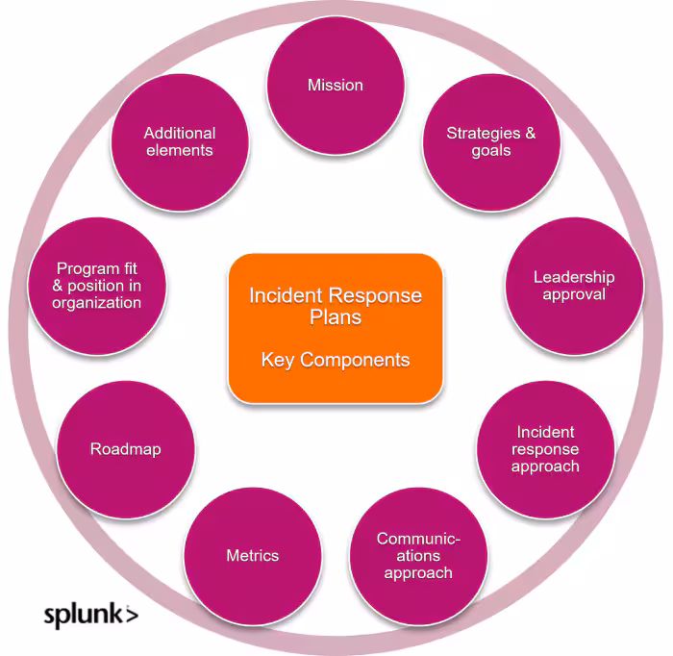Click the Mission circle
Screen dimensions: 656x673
[x=336, y=86]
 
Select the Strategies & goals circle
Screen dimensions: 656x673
[x=490, y=142]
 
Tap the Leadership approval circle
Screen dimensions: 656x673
[x=573, y=286]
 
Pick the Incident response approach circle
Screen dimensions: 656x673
[x=545, y=449]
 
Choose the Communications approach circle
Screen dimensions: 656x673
[x=418, y=556]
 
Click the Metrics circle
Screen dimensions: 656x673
[x=252, y=556]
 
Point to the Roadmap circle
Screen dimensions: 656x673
[x=126, y=449]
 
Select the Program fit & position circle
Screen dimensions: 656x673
[x=97, y=286]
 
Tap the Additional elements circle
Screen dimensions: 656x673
[x=180, y=142]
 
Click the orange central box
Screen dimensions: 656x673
[x=336, y=327]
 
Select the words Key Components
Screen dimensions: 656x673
[x=336, y=361]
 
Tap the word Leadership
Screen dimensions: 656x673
[x=574, y=277]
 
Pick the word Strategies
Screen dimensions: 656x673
[x=483, y=134]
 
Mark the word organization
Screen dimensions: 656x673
[x=97, y=303]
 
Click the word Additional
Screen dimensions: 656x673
[x=180, y=134]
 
